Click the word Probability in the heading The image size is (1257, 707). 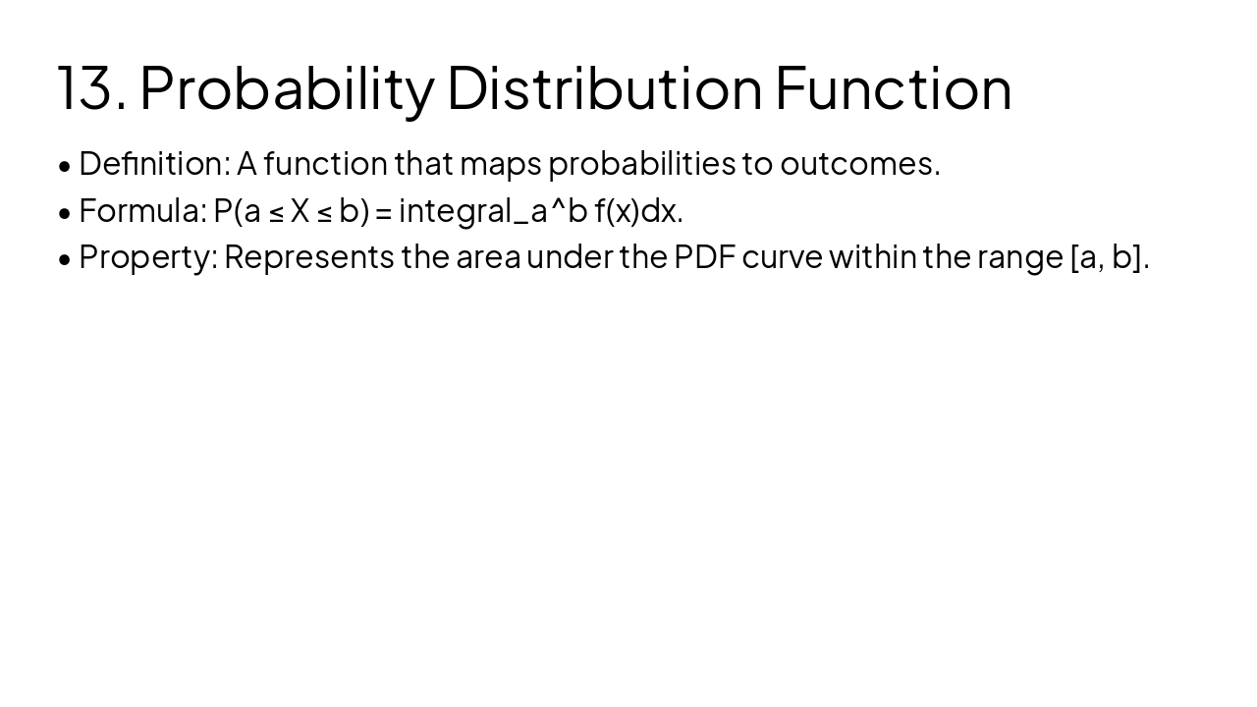[287, 88]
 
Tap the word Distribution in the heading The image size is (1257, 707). [604, 88]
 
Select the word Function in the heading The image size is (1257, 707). [893, 88]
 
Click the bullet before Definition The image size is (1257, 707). [65, 165]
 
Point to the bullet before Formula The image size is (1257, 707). [65, 212]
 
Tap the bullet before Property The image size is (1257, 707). [65, 258]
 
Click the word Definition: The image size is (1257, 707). [154, 164]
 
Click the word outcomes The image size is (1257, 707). [859, 164]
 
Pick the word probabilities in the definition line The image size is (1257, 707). [641, 164]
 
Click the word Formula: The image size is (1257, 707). [142, 211]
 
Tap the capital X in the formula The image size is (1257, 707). [300, 211]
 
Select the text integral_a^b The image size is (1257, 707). [493, 211]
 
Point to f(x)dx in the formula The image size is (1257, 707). [637, 211]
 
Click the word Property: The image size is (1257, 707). [147, 257]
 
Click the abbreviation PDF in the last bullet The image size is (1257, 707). [704, 257]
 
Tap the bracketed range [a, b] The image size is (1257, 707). [1108, 257]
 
